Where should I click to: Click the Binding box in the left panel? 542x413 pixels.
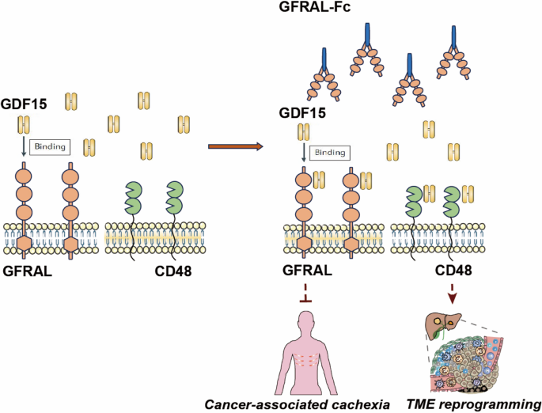pos(51,146)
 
